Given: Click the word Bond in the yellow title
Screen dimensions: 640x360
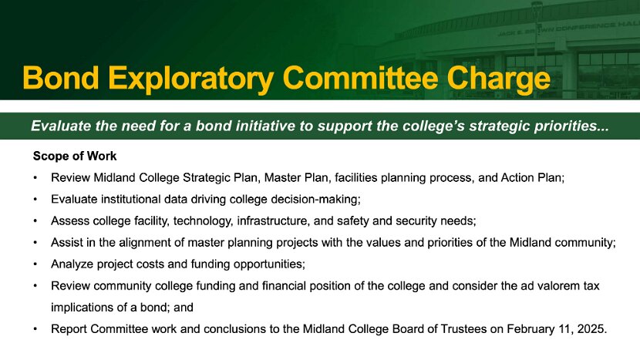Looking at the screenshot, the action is click(x=61, y=78).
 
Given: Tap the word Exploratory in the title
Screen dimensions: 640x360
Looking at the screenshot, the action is click(x=191, y=79).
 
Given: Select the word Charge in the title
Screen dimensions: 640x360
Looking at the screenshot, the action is click(x=498, y=79).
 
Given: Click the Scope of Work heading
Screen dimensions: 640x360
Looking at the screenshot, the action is click(x=75, y=156).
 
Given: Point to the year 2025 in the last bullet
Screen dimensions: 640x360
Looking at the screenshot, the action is click(x=592, y=329).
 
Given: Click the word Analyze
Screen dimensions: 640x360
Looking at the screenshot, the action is click(x=72, y=264).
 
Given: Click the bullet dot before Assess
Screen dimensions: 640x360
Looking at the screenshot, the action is click(x=35, y=221).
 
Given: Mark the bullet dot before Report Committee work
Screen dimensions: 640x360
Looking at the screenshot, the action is click(x=35, y=329).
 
